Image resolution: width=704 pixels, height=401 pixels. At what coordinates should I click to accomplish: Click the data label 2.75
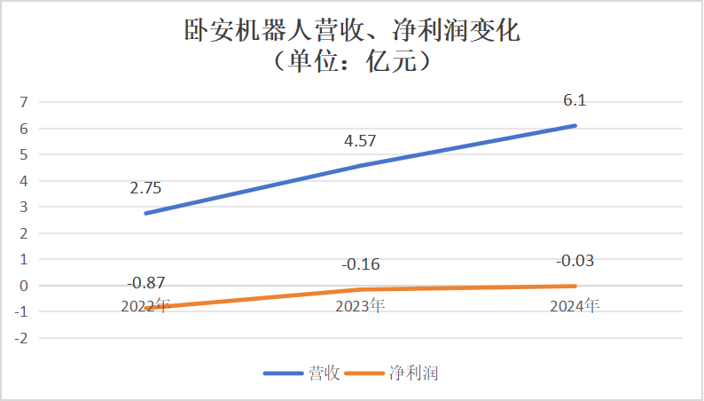(x=145, y=188)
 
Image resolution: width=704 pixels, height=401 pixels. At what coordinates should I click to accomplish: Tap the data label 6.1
(x=575, y=101)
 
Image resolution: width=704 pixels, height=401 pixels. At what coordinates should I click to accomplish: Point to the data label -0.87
(x=145, y=283)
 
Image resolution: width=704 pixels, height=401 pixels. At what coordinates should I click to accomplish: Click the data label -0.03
(x=575, y=261)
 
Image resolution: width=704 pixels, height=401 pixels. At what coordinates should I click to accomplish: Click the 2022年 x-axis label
(x=145, y=306)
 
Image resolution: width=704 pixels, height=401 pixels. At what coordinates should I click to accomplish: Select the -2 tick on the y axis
(x=23, y=338)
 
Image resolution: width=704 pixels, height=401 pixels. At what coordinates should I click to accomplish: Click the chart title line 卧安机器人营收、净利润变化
(x=351, y=31)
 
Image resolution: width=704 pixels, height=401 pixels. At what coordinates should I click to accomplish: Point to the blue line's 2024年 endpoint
(x=575, y=125)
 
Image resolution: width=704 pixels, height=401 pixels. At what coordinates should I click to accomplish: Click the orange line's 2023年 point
(x=360, y=289)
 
